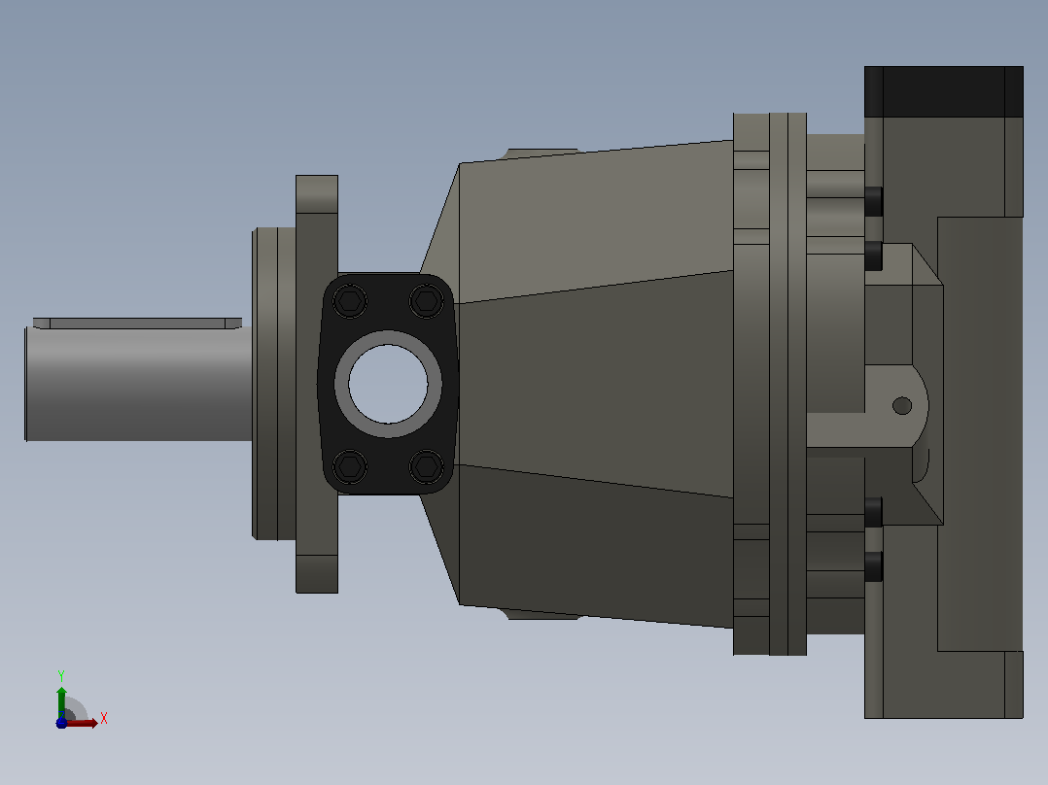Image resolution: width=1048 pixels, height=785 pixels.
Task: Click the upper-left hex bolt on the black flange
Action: click(350, 300)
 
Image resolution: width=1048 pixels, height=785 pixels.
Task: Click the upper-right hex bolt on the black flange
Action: click(427, 300)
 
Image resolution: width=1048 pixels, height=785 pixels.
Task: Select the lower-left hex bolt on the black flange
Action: click(350, 465)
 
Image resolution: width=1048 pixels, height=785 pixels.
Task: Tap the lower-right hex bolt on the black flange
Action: click(427, 465)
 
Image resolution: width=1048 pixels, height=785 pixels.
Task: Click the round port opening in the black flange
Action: click(388, 384)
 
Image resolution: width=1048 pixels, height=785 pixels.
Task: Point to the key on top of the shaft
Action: click(138, 324)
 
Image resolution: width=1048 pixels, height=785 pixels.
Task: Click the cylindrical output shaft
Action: click(138, 384)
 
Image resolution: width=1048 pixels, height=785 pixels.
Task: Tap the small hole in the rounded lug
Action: click(902, 405)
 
